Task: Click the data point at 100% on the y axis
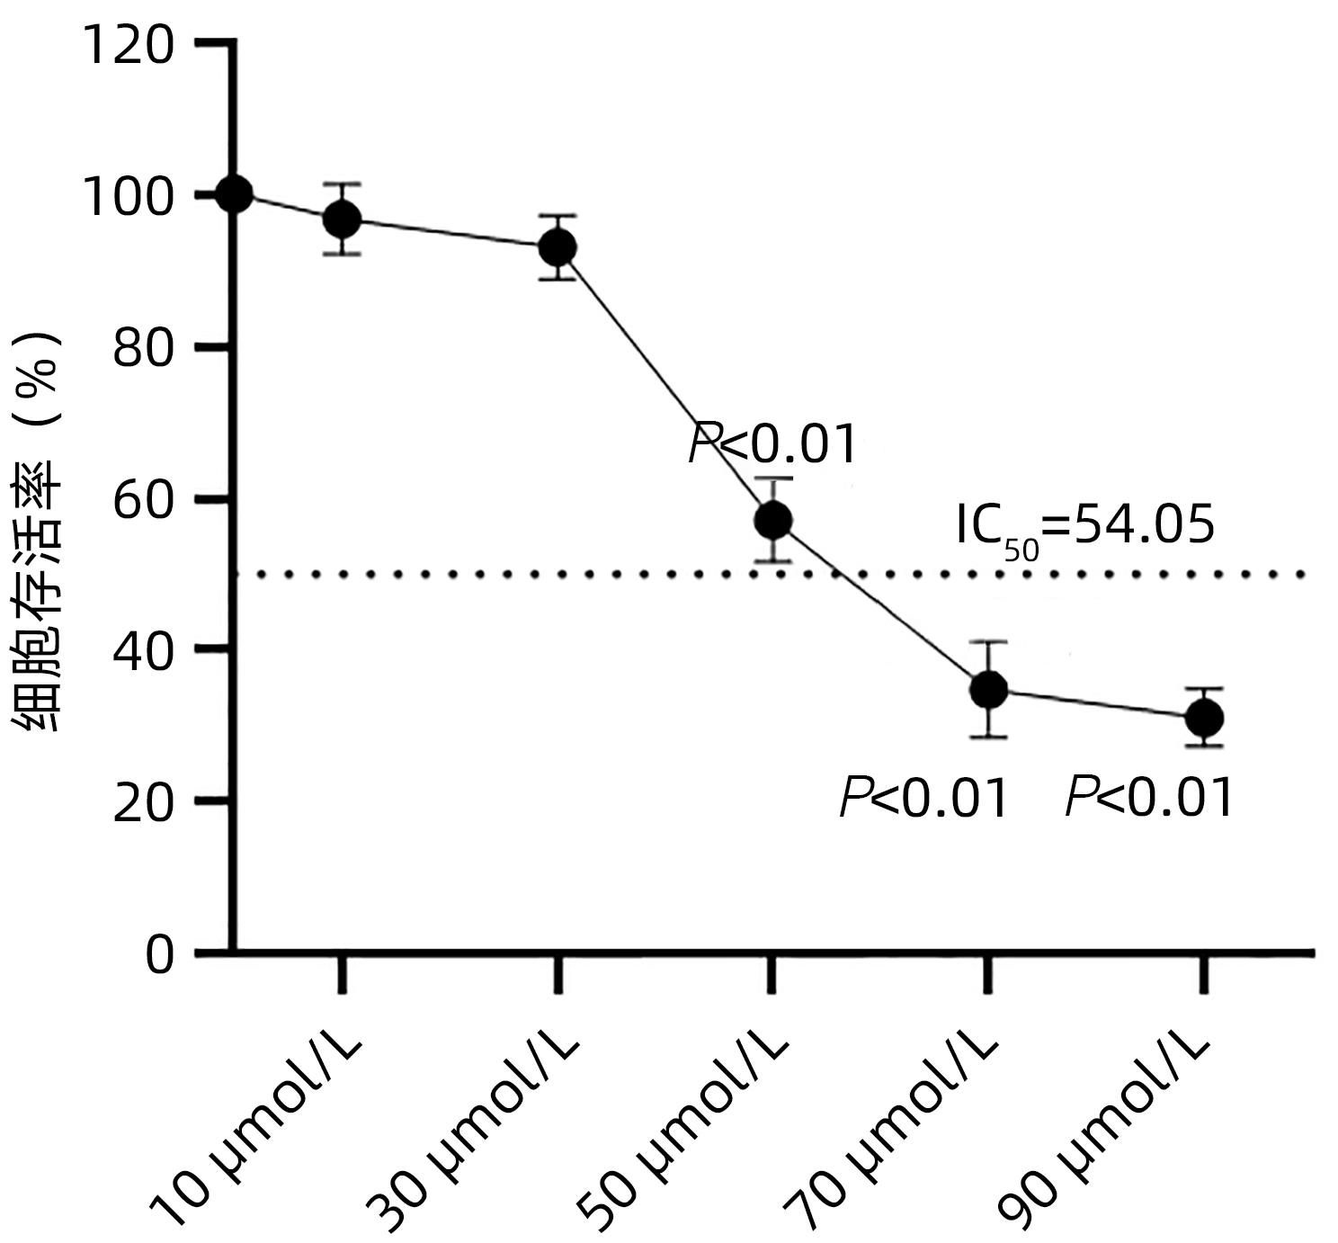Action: (x=236, y=193)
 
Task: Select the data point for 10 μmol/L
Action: (x=342, y=219)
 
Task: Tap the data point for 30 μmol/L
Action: (x=557, y=246)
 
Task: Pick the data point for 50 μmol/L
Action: (x=773, y=520)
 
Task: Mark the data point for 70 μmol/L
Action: (x=988, y=690)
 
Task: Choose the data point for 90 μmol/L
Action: (x=1204, y=718)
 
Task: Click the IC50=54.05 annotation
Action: (x=1084, y=527)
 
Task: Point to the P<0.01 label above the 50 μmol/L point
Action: (x=772, y=443)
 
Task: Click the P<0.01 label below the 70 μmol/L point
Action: (x=923, y=798)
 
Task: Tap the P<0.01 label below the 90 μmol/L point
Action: (x=1148, y=798)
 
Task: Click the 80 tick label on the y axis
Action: (x=143, y=347)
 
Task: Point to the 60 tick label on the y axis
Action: (x=143, y=499)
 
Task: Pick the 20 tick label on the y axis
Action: (x=143, y=800)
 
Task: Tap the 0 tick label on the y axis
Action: (x=159, y=954)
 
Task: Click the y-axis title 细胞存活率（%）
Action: (x=39, y=531)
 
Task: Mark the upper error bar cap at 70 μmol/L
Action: (x=988, y=642)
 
